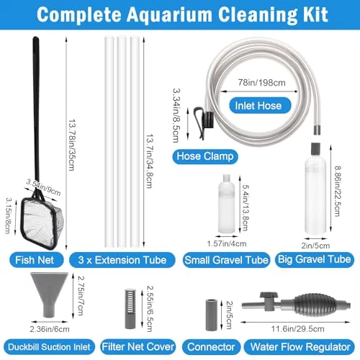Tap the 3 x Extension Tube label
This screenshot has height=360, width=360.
(122, 260)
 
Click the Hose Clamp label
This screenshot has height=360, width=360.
(205, 156)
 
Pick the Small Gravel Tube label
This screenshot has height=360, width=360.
(226, 260)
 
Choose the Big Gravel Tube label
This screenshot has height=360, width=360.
(315, 260)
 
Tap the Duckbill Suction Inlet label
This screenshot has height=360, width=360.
(49, 347)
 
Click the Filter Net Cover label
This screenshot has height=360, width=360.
(138, 347)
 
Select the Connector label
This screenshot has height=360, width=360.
(211, 347)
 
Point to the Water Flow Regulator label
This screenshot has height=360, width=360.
(300, 347)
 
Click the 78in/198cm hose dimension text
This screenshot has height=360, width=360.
(261, 83)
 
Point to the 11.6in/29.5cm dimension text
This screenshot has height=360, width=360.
(297, 329)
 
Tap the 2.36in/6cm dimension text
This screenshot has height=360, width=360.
(50, 329)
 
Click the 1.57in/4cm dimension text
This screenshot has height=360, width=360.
(227, 244)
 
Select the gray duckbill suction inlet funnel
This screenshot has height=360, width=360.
(50, 294)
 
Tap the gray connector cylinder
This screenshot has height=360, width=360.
(212, 315)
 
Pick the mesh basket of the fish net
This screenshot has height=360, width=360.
(42, 223)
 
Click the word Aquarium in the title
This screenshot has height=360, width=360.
(169, 15)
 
